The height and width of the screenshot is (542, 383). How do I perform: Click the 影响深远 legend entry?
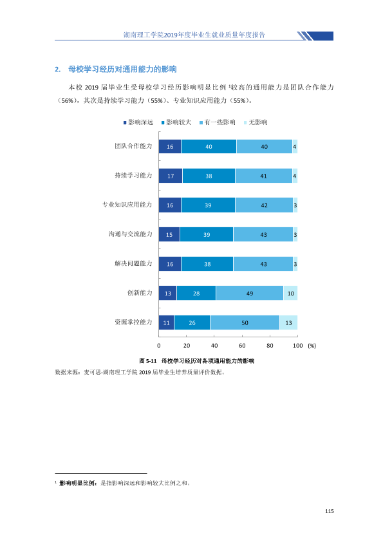[x=138, y=122]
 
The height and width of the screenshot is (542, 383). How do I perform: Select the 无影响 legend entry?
[x=256, y=122]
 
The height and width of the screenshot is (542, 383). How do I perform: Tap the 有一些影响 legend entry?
[x=218, y=122]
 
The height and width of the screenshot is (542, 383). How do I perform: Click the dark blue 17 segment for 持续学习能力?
[x=171, y=176]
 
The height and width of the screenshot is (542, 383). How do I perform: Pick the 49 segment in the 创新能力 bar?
[x=250, y=293]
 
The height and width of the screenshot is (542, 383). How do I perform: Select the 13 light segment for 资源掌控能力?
[x=288, y=322]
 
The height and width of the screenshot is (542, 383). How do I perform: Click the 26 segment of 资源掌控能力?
[x=192, y=322]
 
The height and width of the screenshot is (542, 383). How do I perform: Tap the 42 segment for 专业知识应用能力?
[x=264, y=205]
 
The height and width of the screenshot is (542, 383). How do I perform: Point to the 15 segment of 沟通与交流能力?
[x=169, y=234]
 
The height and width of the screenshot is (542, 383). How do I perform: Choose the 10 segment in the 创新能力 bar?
[x=291, y=293]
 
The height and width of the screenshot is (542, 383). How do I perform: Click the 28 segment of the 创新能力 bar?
[x=196, y=293]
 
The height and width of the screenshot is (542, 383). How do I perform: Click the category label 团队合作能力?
[x=133, y=146]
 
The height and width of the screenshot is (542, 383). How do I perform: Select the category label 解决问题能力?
[x=133, y=263]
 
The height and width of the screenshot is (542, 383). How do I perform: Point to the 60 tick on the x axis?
[x=242, y=345]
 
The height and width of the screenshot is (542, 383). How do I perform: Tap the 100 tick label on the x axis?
[x=297, y=345]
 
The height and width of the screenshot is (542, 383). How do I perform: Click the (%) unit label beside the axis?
[x=312, y=346]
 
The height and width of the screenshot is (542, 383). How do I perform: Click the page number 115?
[x=330, y=511]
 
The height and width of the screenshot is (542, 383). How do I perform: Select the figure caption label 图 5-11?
[x=148, y=361]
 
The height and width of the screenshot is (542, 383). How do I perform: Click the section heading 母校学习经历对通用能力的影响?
[x=122, y=69]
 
